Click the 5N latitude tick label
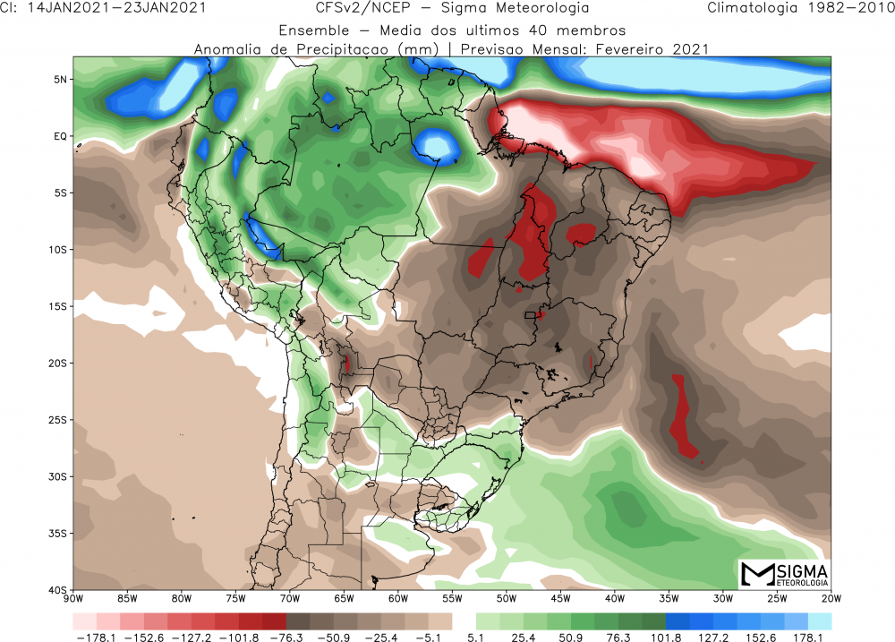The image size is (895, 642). [61, 79]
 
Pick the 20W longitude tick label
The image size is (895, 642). [831, 598]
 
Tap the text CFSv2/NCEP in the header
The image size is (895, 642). [341, 9]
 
